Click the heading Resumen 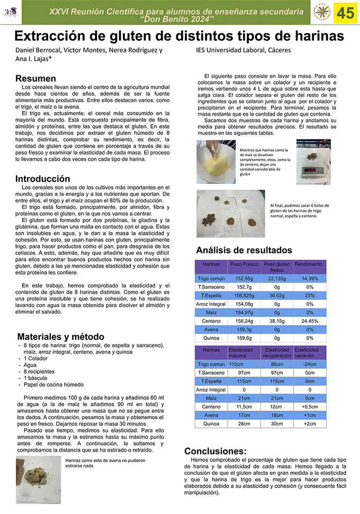click(35, 78)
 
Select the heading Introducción click(42, 178)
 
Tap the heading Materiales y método click(61, 337)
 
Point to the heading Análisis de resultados click(244, 250)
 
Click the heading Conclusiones click(215, 451)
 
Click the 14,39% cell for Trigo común click(310, 278)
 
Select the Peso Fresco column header click(244, 264)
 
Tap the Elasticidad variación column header click(310, 352)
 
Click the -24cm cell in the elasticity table click(310, 364)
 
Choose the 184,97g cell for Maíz click(244, 313)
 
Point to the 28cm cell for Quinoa click(244, 424)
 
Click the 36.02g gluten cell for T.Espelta click(276, 296)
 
